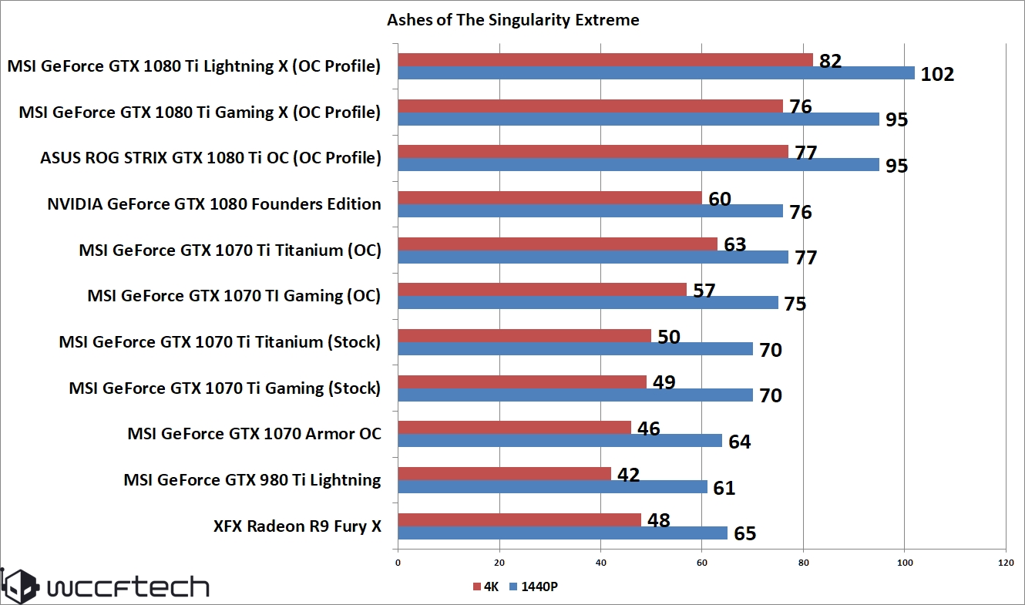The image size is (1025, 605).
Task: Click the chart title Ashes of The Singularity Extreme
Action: [x=512, y=20]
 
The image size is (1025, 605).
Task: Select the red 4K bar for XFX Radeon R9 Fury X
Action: [x=519, y=519]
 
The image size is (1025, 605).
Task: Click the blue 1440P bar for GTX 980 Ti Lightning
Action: [x=552, y=487]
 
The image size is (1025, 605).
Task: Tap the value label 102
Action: [x=937, y=75]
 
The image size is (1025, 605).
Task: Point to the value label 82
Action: [x=830, y=61]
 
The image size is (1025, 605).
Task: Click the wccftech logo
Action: [x=106, y=587]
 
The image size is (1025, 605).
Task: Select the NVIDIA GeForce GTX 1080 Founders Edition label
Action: [x=213, y=204]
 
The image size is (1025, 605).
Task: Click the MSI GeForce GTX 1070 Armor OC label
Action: [x=254, y=434]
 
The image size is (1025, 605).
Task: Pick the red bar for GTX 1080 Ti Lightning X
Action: [x=605, y=60]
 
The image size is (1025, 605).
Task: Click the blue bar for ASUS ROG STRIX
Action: [x=638, y=165]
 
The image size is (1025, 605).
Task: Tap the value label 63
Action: [x=734, y=245]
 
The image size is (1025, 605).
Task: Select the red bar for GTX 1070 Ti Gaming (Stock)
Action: [x=522, y=381]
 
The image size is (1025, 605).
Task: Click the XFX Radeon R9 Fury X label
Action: [x=297, y=526]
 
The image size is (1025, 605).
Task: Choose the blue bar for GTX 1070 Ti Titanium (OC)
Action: [x=593, y=257]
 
